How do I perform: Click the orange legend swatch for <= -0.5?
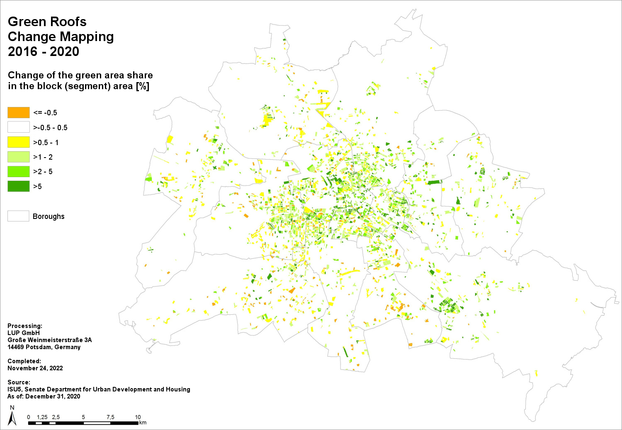point(19,113)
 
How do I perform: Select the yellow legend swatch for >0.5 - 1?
point(19,142)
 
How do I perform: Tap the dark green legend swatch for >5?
point(19,186)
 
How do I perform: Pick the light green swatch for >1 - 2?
point(19,157)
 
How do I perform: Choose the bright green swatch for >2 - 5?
point(19,172)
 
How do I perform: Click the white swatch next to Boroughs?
point(18,216)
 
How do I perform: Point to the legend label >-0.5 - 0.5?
point(50,128)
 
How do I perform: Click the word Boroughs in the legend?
point(49,216)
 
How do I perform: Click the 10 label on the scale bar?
point(138,417)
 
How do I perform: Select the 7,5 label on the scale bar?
point(110,417)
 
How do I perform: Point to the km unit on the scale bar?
point(143,423)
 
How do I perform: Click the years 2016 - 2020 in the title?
point(44,51)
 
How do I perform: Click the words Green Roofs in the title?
point(47,22)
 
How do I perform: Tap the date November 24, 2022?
point(35,368)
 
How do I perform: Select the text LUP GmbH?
point(24,333)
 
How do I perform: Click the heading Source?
point(19,382)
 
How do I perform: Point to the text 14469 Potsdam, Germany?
point(44,347)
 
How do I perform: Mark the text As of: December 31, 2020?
point(44,396)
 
